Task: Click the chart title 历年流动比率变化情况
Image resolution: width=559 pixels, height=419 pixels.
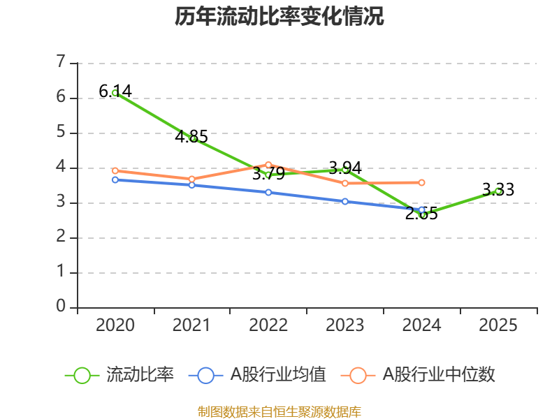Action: click(279, 16)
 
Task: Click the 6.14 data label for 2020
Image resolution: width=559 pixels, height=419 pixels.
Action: click(115, 91)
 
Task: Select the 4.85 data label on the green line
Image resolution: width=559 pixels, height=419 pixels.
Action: click(191, 136)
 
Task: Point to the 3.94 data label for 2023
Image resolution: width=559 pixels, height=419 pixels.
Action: click(344, 168)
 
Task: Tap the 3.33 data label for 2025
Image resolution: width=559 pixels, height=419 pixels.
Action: click(498, 189)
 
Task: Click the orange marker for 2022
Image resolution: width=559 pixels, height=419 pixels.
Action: click(268, 165)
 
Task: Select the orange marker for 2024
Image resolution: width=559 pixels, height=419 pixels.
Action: click(421, 182)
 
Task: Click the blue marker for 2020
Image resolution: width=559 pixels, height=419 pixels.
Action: click(115, 180)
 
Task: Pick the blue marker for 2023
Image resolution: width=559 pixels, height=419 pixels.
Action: click(344, 202)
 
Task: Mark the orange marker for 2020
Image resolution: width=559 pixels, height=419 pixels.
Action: click(115, 171)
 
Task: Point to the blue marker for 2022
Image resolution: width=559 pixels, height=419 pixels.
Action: click(268, 193)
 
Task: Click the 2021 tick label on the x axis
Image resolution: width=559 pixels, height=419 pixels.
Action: click(191, 325)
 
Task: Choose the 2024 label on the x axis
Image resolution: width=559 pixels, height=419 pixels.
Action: click(421, 325)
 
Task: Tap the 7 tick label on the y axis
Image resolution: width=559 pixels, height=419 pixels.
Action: click(61, 61)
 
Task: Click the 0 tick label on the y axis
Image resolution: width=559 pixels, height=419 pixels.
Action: click(61, 306)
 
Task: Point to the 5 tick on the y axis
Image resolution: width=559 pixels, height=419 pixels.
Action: click(61, 132)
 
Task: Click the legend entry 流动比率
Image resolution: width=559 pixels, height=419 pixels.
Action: click(119, 375)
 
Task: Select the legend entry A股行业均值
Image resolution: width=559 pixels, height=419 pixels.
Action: click(257, 375)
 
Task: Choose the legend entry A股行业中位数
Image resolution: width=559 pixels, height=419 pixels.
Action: click(418, 375)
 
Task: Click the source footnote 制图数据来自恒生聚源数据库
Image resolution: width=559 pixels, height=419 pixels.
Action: click(279, 411)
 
